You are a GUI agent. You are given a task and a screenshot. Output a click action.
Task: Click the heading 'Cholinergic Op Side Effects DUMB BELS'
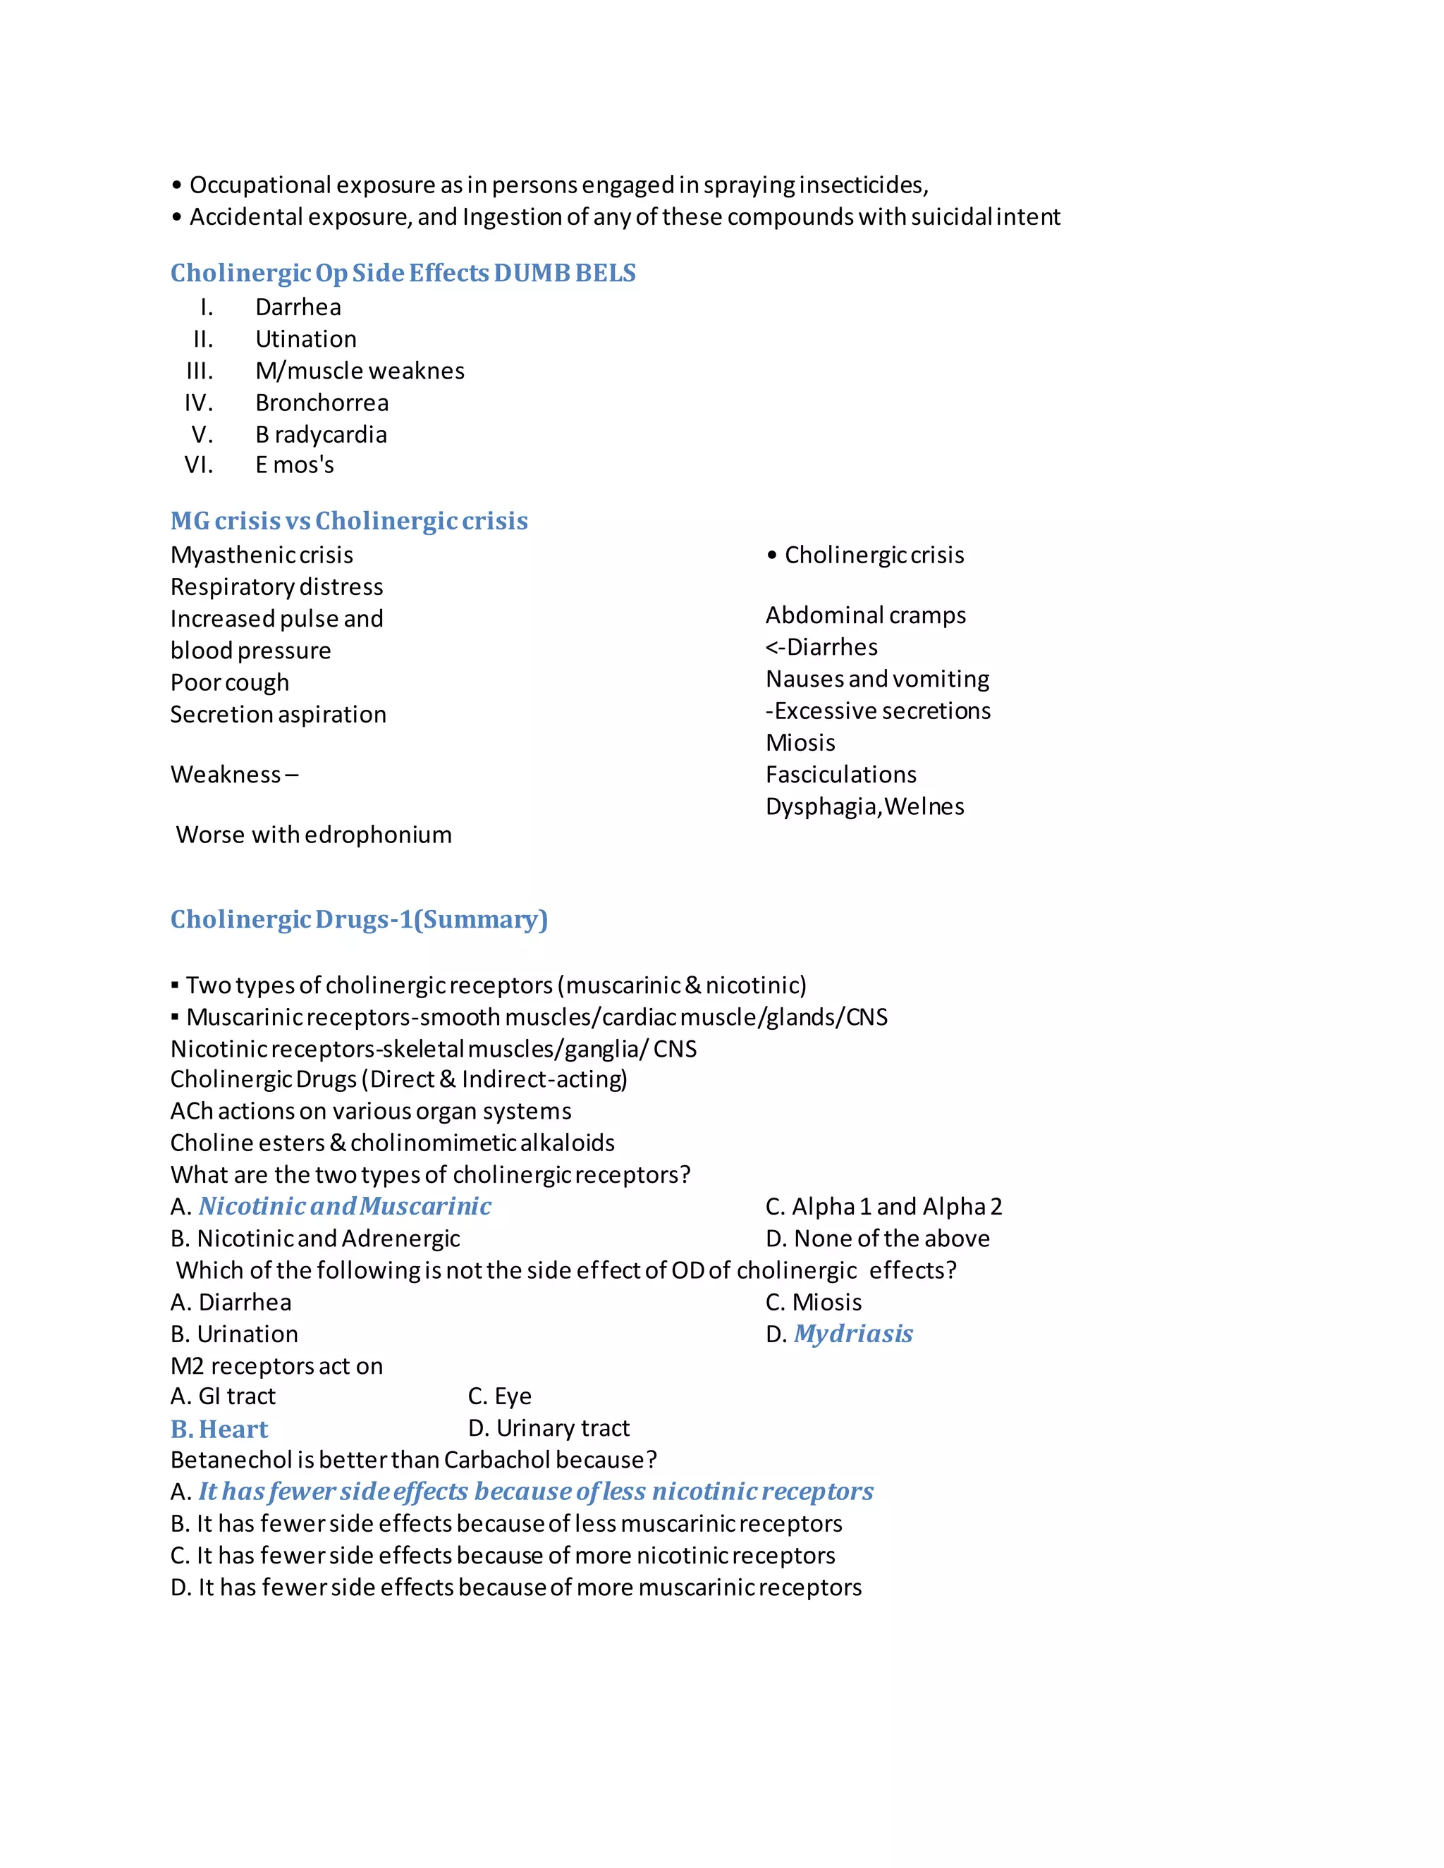pyautogui.click(x=403, y=273)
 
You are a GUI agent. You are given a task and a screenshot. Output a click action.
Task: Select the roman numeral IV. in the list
pyautogui.click(x=198, y=403)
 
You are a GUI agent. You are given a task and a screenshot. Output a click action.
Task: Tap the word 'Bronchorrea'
pyautogui.click(x=322, y=403)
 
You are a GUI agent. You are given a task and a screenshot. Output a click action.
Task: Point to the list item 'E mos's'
pyautogui.click(x=294, y=465)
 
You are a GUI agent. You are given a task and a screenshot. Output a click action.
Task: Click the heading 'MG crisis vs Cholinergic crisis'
pyautogui.click(x=349, y=521)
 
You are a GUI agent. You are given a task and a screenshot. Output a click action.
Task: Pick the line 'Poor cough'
pyautogui.click(x=229, y=682)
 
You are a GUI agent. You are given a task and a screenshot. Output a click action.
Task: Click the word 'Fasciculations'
pyautogui.click(x=841, y=775)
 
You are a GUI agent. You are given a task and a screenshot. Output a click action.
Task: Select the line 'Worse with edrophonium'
pyautogui.click(x=313, y=835)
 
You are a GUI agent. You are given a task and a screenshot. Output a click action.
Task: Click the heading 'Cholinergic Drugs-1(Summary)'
pyautogui.click(x=358, y=919)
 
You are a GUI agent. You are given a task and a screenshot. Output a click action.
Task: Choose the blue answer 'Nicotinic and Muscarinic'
pyautogui.click(x=345, y=1207)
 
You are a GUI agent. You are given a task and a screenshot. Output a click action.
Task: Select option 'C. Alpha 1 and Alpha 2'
pyautogui.click(x=883, y=1207)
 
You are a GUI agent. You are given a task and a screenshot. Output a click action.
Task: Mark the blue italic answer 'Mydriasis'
pyautogui.click(x=853, y=1334)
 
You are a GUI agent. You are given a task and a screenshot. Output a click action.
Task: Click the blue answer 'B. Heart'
pyautogui.click(x=219, y=1430)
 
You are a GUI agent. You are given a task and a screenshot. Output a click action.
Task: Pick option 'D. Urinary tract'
pyautogui.click(x=549, y=1428)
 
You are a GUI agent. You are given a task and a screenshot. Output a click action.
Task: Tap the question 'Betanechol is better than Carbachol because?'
pyautogui.click(x=413, y=1460)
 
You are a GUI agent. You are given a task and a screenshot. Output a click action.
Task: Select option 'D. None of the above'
pyautogui.click(x=877, y=1239)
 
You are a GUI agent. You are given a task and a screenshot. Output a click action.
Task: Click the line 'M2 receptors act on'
pyautogui.click(x=276, y=1366)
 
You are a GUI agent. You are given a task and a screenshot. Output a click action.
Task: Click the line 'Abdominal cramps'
pyautogui.click(x=865, y=616)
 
